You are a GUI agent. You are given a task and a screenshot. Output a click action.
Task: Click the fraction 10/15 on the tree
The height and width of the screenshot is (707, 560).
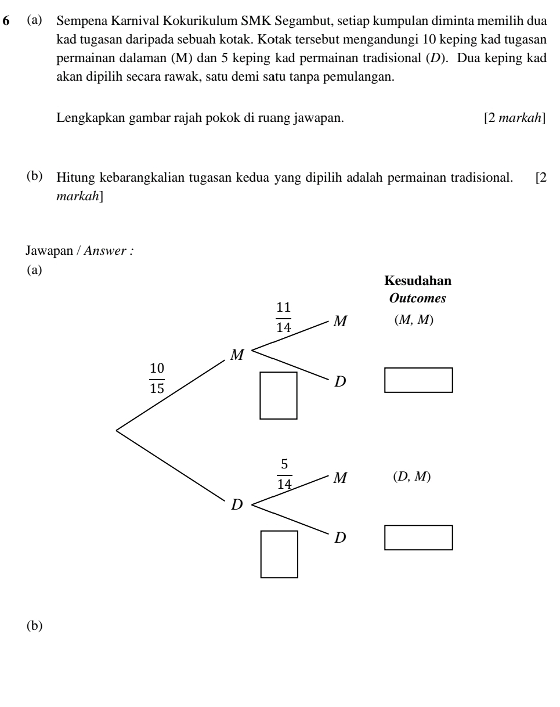[x=157, y=378]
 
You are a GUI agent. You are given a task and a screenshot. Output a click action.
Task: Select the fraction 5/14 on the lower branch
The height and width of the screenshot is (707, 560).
[x=284, y=474]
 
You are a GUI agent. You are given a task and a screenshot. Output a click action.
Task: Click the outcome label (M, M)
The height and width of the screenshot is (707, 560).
[x=413, y=321]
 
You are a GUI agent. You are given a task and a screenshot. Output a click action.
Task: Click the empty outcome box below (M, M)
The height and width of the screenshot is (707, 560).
[x=418, y=380]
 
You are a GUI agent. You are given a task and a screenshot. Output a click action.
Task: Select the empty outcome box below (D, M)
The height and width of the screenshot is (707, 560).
[x=418, y=538]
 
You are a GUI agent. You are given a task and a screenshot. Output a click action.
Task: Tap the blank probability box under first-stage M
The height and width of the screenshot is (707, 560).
[x=279, y=395]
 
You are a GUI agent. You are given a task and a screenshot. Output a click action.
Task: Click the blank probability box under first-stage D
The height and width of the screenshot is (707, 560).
[x=279, y=554]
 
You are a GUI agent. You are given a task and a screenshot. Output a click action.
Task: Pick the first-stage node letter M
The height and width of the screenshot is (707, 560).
[x=237, y=355]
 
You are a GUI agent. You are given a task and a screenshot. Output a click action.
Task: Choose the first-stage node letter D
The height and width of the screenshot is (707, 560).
[x=237, y=505]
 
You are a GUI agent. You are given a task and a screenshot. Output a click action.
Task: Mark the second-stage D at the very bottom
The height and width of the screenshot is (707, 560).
[x=340, y=539]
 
